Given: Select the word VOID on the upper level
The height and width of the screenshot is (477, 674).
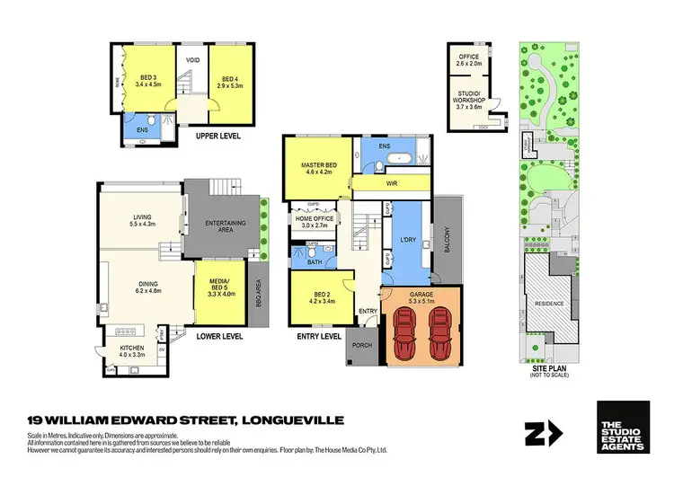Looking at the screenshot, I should (x=192, y=61).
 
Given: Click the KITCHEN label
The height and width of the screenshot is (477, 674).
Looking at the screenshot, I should (x=132, y=350).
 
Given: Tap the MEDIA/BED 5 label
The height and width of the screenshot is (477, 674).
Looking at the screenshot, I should (x=220, y=287).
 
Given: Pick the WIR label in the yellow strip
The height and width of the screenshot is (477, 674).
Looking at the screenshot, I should (x=393, y=185).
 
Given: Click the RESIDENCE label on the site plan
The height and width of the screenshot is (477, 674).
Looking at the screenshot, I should (x=551, y=303).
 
